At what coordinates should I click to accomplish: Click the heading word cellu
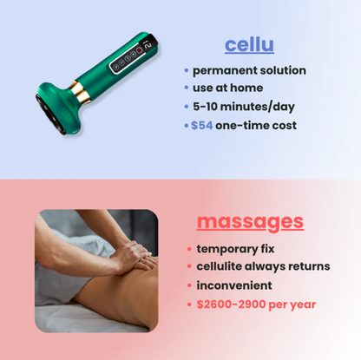point(249,44)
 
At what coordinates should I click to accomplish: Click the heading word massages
point(250,221)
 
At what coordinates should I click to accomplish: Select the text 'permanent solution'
point(249,70)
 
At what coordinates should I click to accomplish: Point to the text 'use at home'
point(227,88)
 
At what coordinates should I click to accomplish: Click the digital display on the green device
point(148,45)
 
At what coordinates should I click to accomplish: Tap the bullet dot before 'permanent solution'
point(186,70)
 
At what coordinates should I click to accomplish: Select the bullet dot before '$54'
point(186,125)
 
